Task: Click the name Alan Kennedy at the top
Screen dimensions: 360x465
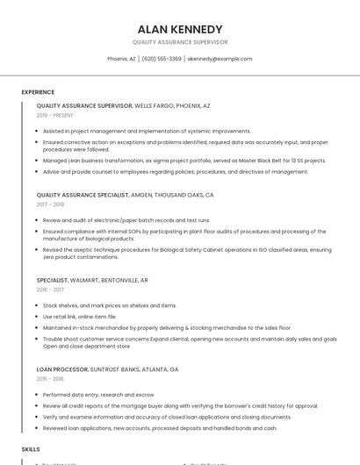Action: (x=180, y=29)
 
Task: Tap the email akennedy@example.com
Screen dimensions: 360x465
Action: (x=220, y=59)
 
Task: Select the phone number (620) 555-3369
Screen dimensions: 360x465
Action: (x=162, y=59)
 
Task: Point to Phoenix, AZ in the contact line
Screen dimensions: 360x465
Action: (x=121, y=59)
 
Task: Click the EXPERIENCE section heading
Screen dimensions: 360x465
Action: (x=38, y=92)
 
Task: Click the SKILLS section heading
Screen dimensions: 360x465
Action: (x=31, y=448)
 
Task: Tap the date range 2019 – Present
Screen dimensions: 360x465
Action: (x=55, y=115)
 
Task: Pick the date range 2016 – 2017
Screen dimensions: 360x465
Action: (x=49, y=289)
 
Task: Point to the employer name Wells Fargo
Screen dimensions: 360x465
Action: (x=153, y=105)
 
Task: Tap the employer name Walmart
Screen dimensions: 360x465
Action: (x=84, y=280)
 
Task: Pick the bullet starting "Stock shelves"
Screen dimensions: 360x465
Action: (x=110, y=305)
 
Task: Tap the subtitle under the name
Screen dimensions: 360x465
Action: (x=180, y=42)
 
